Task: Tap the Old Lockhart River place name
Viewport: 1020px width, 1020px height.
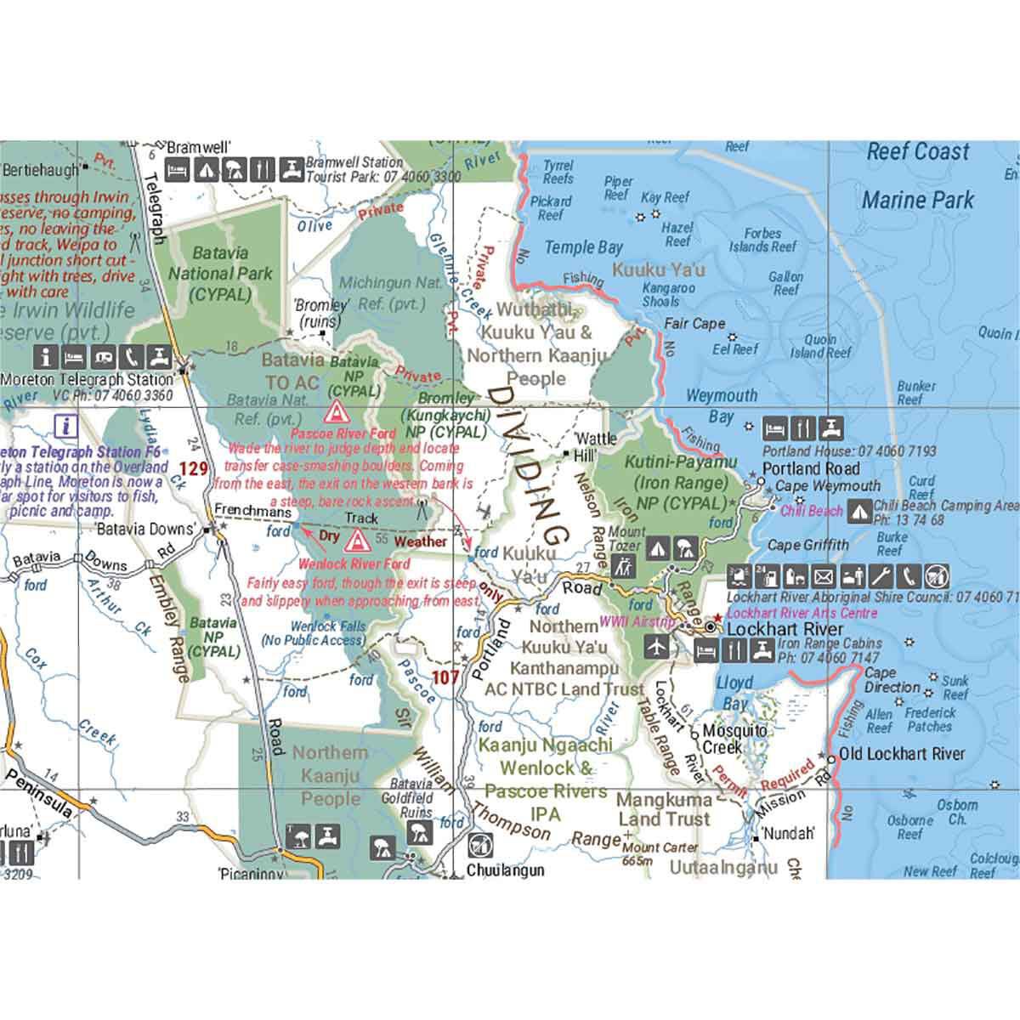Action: coord(902,754)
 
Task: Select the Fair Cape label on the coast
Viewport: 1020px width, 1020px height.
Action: coord(694,324)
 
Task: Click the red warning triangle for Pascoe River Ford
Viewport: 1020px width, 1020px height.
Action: coord(337,413)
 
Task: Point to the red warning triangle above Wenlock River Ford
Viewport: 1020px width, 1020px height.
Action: coord(355,541)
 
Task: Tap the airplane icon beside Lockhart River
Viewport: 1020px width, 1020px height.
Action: coord(657,649)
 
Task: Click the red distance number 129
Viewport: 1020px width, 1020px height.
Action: coord(193,468)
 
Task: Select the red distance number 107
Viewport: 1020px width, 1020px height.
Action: coord(445,677)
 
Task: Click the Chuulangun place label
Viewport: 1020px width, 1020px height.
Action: coord(505,870)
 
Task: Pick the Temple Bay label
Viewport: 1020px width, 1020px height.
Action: coord(583,248)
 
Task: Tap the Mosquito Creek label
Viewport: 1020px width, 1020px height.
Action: coord(728,739)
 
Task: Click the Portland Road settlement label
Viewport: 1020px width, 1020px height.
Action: coord(810,468)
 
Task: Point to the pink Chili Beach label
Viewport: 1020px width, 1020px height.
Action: coord(811,511)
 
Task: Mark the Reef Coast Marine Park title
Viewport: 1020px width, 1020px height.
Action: coord(917,176)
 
